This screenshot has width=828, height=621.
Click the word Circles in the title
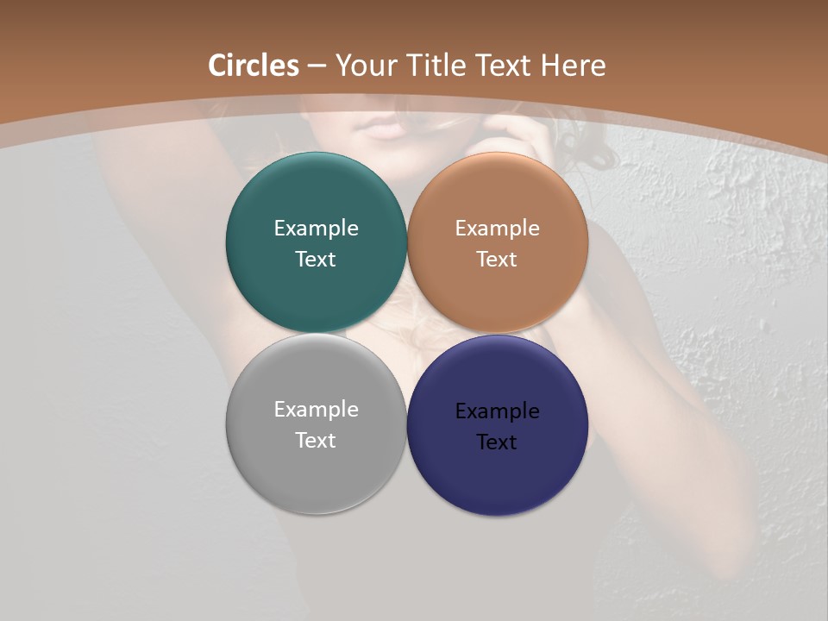pyautogui.click(x=254, y=66)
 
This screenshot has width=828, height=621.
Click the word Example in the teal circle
pyautogui.click(x=316, y=229)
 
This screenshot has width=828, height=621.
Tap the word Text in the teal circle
pyautogui.click(x=316, y=260)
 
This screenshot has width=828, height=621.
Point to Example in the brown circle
pyautogui.click(x=498, y=229)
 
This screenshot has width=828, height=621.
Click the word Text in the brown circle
pyautogui.click(x=498, y=260)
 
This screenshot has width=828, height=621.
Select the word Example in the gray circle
pyautogui.click(x=316, y=410)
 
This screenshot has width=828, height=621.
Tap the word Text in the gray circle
pyautogui.click(x=316, y=441)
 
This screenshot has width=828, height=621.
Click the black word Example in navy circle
pyautogui.click(x=498, y=411)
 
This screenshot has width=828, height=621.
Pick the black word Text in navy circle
pyautogui.click(x=498, y=442)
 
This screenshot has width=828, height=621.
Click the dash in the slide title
pyautogui.click(x=316, y=66)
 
